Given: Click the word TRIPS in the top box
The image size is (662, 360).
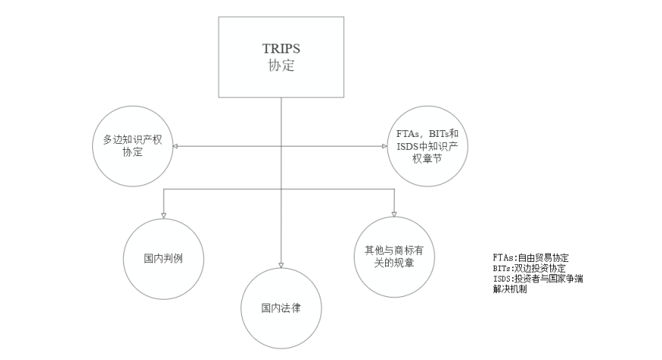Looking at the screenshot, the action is [282, 49].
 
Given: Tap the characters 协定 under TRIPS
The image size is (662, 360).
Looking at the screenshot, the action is [282, 65].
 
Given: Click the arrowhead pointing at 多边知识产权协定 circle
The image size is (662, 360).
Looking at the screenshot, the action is [175, 146].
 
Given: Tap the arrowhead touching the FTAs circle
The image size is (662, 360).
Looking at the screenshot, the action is [384, 146].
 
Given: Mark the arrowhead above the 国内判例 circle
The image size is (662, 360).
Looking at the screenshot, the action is [164, 215].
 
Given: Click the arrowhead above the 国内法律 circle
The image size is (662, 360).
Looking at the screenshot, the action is [282, 265].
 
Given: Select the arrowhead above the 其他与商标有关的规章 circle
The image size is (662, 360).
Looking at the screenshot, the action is [394, 214].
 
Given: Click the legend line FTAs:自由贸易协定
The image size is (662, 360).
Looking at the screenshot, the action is [530, 258].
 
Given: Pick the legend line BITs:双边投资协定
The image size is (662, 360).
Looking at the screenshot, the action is [530, 269].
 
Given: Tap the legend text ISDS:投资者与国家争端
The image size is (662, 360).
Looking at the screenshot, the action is [538, 279].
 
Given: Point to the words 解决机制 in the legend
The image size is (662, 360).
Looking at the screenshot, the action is [510, 289].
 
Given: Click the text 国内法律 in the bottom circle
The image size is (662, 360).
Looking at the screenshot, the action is [281, 308].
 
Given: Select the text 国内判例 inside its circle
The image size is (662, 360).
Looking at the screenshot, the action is [164, 259].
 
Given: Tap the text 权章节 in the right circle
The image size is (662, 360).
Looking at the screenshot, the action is [428, 159].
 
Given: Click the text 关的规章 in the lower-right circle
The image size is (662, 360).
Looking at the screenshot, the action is [394, 263].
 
